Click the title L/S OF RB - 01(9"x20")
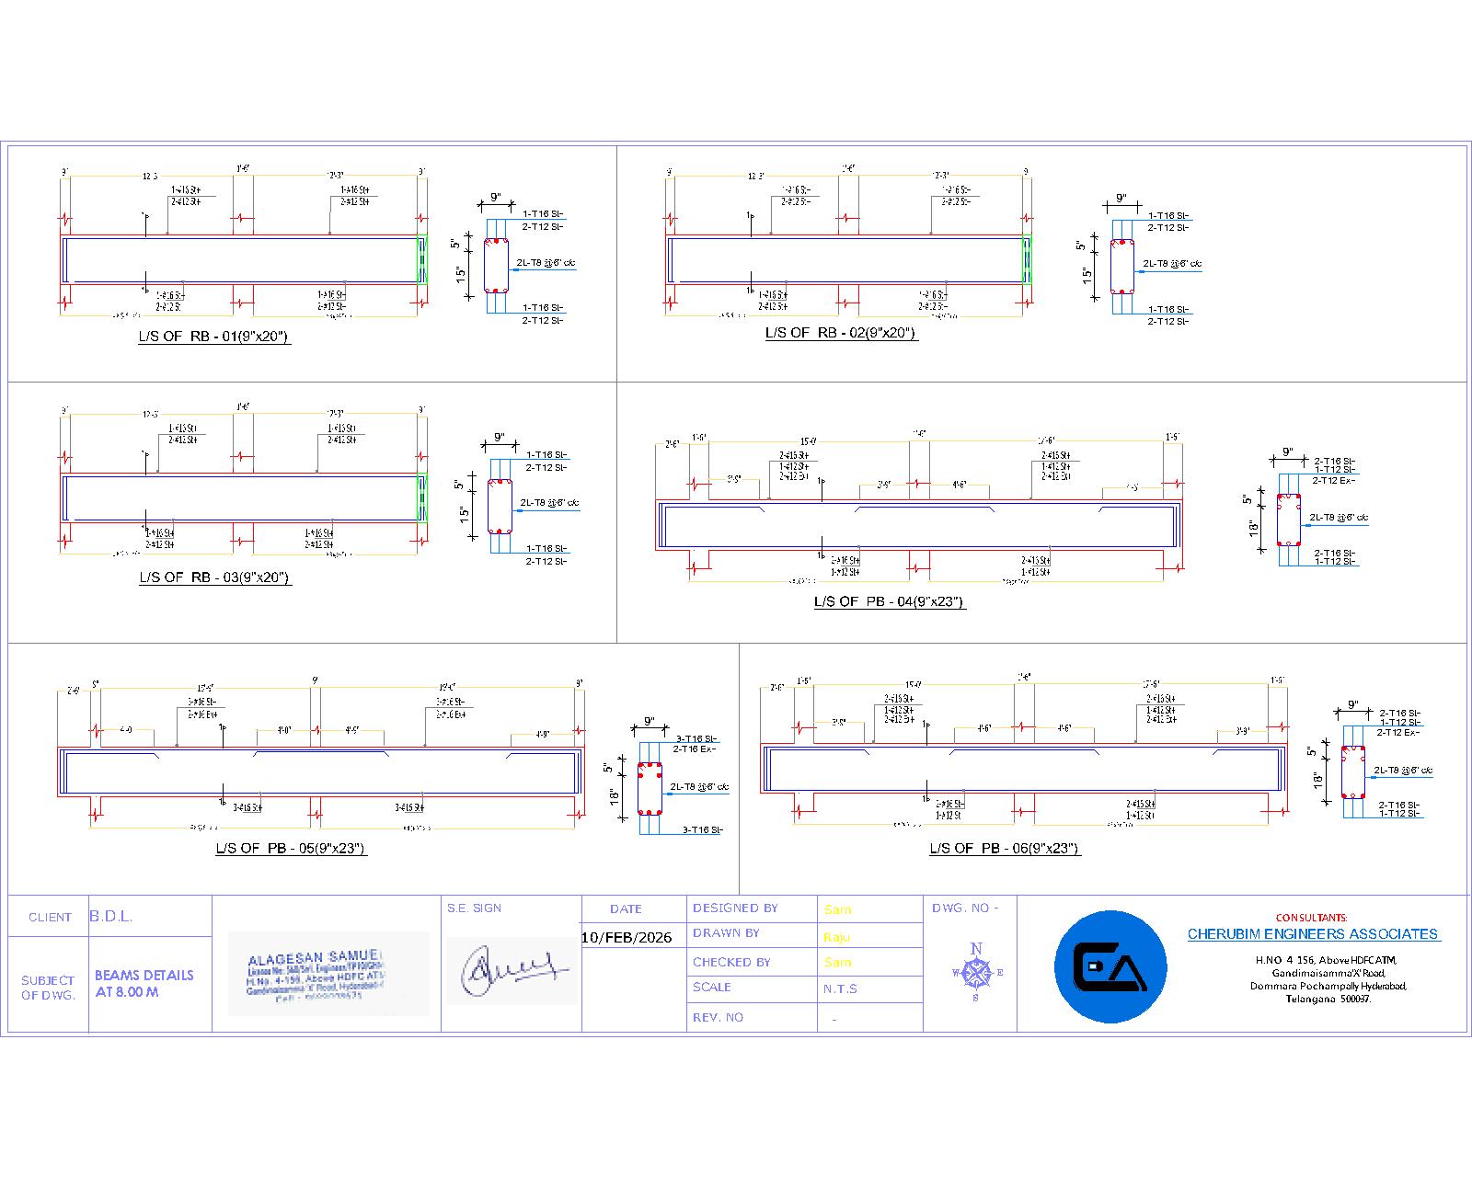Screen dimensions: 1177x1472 click(x=214, y=337)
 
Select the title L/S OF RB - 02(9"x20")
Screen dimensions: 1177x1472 click(x=841, y=333)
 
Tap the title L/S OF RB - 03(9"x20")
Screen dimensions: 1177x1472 click(x=215, y=577)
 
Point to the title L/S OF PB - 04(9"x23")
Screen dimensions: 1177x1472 click(x=889, y=601)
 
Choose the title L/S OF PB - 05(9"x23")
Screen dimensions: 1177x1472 click(x=291, y=848)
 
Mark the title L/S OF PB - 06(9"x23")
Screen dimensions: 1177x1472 click(x=1004, y=848)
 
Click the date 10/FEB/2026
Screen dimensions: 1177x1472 click(x=627, y=938)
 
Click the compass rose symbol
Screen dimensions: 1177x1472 click(x=976, y=972)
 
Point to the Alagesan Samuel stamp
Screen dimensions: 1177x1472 click(x=328, y=974)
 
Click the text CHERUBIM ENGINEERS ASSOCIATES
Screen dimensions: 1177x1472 click(x=1312, y=934)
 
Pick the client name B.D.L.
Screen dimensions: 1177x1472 click(x=111, y=917)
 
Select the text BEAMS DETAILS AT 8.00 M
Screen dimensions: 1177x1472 click(x=144, y=983)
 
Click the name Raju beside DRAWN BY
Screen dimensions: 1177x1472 click(x=837, y=937)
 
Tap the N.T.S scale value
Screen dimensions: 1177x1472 click(x=840, y=988)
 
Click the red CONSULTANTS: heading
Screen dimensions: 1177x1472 click(x=1311, y=918)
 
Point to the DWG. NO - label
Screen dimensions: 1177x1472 click(x=965, y=908)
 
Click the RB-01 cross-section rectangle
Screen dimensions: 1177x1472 click(x=497, y=266)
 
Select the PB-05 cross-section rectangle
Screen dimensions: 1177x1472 click(x=650, y=788)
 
